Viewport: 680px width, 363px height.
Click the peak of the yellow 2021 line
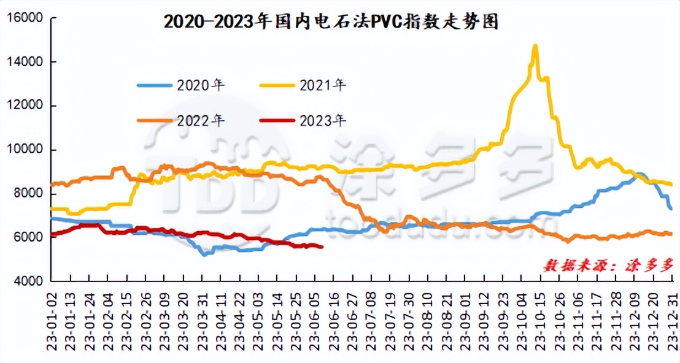[535, 46]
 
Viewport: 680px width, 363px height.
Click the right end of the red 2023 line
[322, 247]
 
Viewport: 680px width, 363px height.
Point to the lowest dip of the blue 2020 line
[204, 254]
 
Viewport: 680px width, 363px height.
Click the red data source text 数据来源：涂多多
[607, 265]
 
